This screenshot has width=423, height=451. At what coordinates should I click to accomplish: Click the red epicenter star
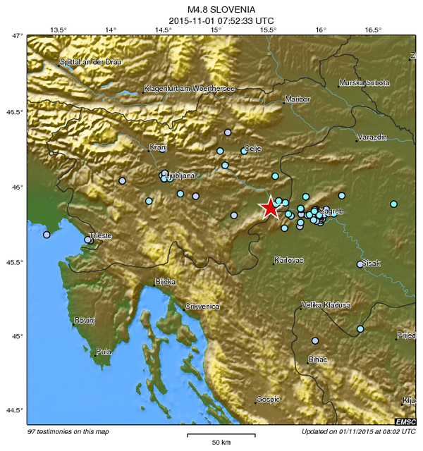point(270,207)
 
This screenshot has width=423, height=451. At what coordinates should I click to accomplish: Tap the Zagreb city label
point(331,211)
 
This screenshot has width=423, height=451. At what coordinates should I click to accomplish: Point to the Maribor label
point(298,99)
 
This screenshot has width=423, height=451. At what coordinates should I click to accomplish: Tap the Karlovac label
point(289,260)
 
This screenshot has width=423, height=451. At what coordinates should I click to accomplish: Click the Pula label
point(103,351)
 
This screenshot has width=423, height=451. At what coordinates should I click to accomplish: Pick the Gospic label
point(268,399)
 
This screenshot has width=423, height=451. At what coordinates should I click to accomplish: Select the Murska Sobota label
point(364,83)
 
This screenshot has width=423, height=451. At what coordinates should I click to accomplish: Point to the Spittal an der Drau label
point(91,62)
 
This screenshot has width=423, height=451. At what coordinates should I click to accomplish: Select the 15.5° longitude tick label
point(268,30)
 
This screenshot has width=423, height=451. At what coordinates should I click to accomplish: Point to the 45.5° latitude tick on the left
point(14,263)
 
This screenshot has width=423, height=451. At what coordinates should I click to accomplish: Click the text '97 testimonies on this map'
point(68,431)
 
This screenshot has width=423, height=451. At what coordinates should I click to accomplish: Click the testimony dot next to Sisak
point(360,264)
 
